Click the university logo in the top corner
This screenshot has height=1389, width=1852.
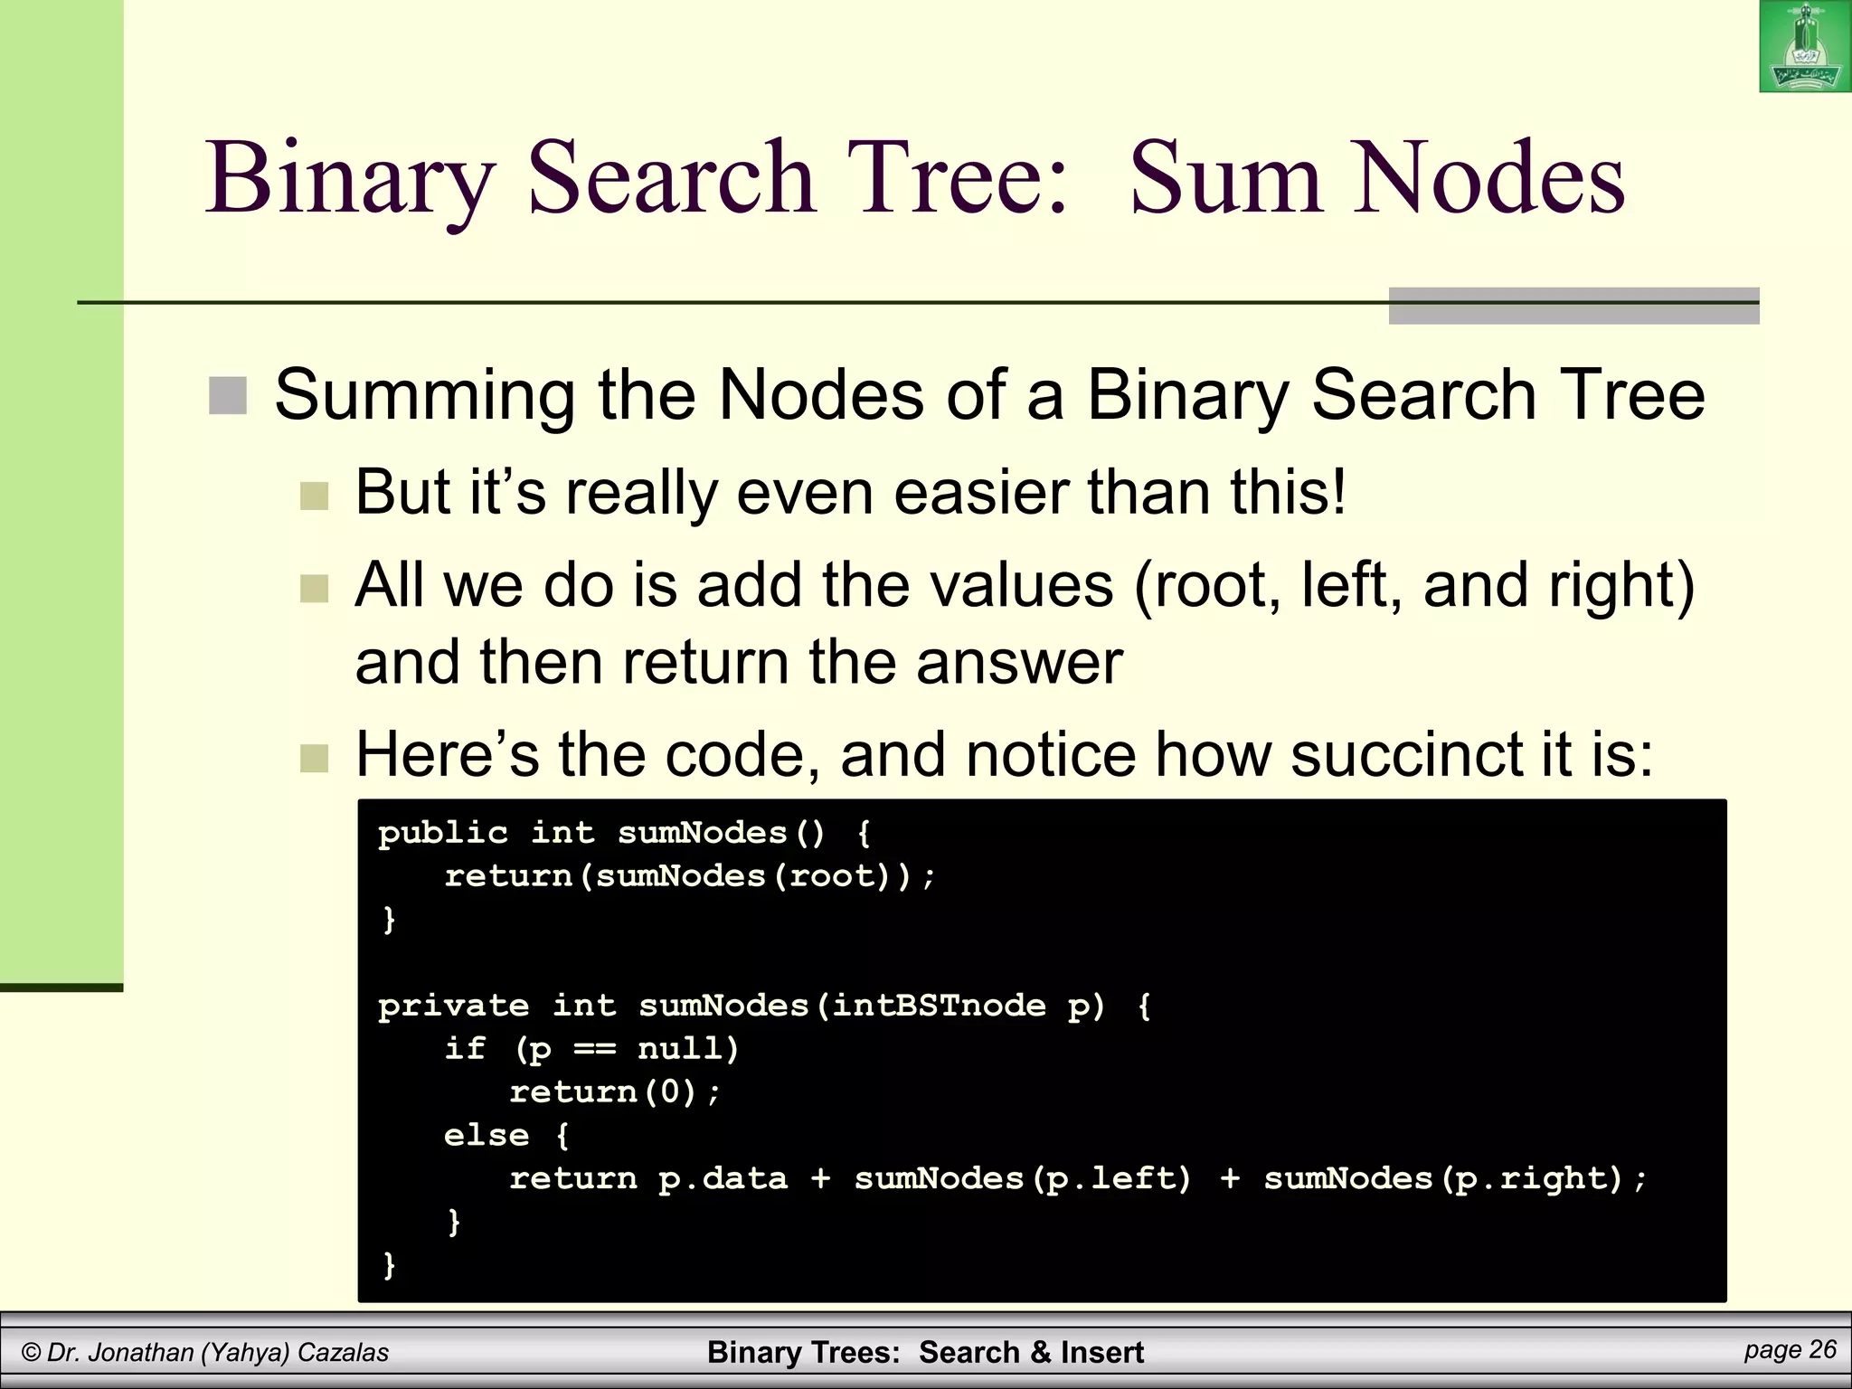1804,46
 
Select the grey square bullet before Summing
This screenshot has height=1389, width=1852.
228,396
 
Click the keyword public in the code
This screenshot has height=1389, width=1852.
442,833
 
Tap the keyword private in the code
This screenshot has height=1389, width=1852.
453,1006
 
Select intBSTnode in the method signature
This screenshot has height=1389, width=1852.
939,1006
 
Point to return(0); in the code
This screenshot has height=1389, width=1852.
615,1092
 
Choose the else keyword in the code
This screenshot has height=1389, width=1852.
486,1136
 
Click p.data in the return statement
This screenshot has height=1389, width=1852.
723,1179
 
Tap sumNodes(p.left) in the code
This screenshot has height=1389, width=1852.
1023,1179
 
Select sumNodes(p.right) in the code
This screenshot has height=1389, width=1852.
1443,1179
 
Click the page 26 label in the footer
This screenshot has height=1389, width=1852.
1790,1350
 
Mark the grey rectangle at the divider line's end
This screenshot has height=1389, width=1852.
1573,306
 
